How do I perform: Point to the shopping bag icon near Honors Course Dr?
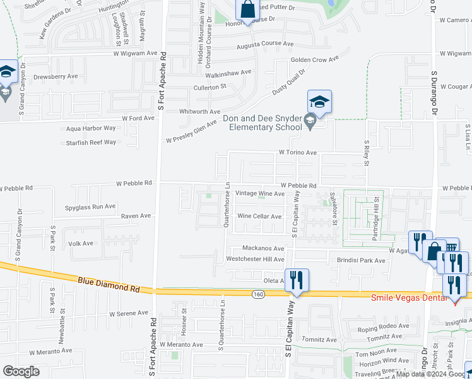tap(248, 9)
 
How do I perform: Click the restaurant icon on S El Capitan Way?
tap(296, 279)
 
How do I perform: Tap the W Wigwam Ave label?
tap(135, 54)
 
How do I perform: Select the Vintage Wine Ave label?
tap(259, 193)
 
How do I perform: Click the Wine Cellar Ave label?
tap(259, 216)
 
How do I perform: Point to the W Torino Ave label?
tap(297, 152)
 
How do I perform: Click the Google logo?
tap(21, 371)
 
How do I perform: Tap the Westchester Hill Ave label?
tap(255, 259)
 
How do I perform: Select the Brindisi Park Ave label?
tap(361, 260)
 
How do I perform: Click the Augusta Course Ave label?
tap(261, 44)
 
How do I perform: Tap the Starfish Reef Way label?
tap(91, 143)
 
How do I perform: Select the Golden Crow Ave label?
tap(314, 59)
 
